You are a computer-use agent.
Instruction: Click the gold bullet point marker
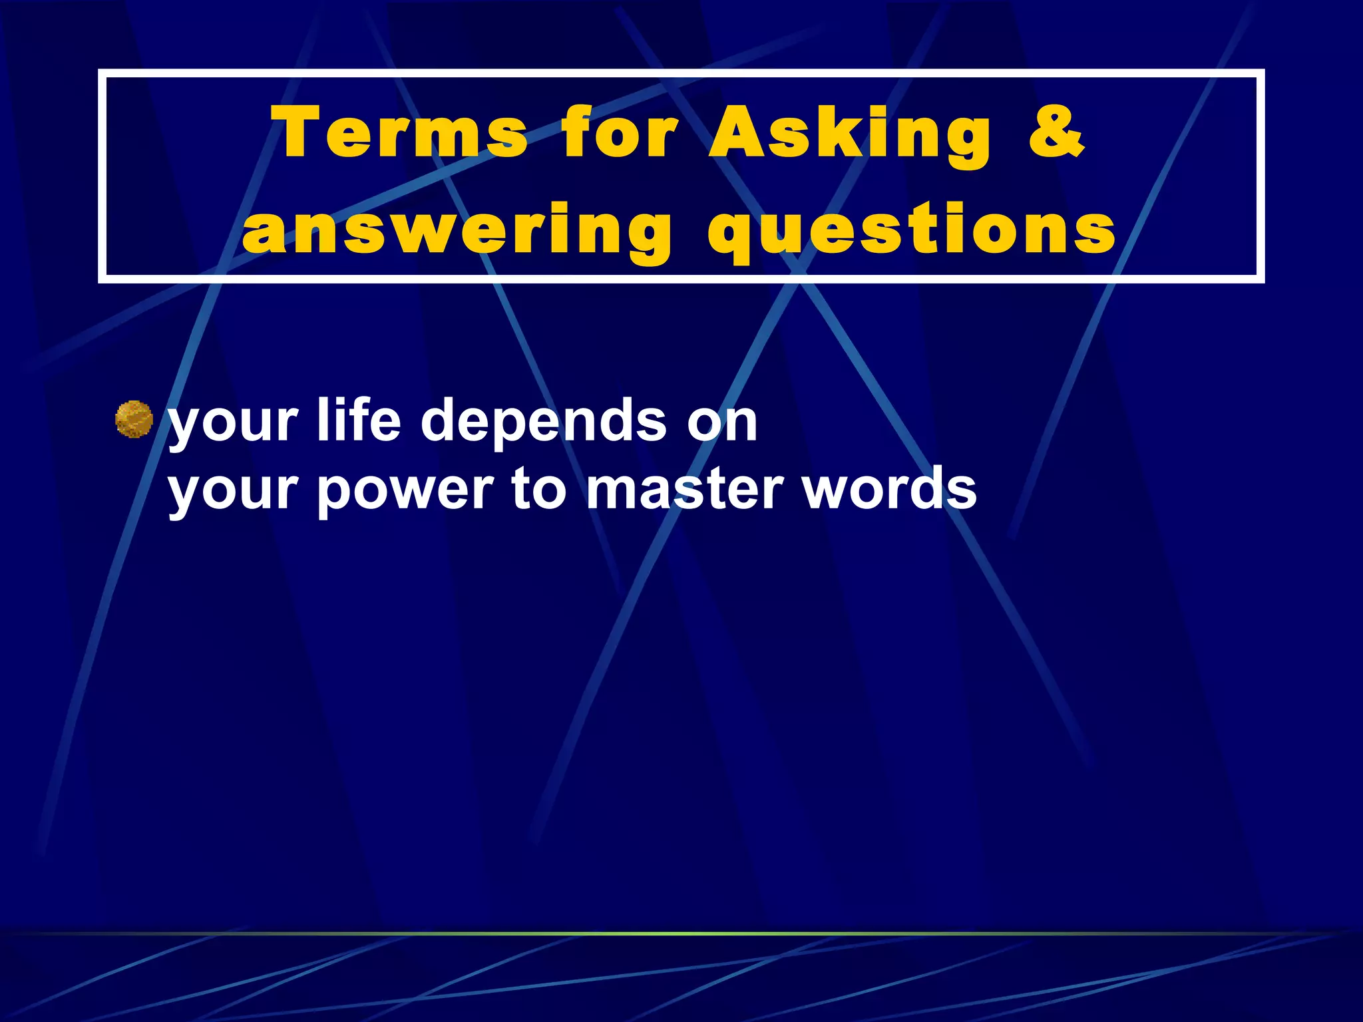point(134,419)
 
